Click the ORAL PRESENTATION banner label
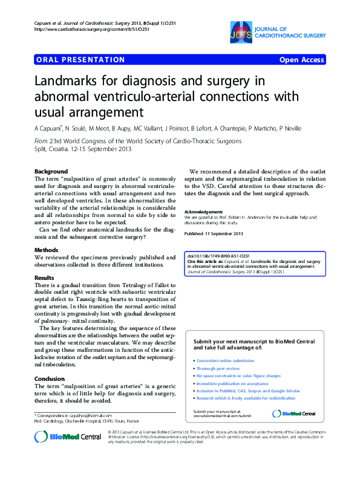coord(80,60)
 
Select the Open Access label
coord(301,60)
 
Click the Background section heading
coord(51,172)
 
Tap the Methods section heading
coord(47,250)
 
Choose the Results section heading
coord(45,277)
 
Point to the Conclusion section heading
coord(50,379)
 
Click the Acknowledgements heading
coord(203,212)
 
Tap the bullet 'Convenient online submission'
coord(225,361)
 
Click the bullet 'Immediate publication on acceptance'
coord(232,383)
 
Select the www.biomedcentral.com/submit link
coord(222,416)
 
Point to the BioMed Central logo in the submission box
coord(294,414)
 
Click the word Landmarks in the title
coord(67,81)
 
